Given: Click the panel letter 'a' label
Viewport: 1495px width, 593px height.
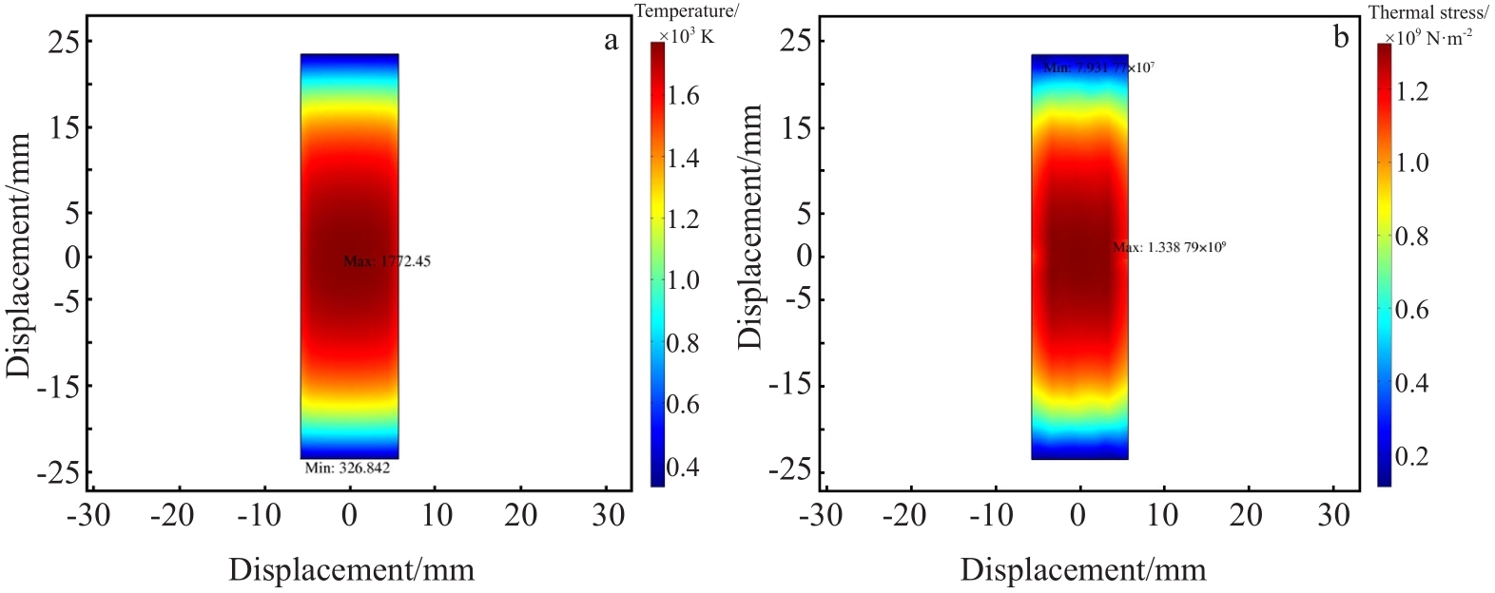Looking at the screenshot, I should pos(611,40).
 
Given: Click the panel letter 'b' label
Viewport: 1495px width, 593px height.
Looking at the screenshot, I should pos(1341,38).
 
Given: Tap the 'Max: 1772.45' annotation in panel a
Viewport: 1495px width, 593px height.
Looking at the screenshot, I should pos(387,261).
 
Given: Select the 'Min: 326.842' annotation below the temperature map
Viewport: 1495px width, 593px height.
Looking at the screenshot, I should pos(347,468).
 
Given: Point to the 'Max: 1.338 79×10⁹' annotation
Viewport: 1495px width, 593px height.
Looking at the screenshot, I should pos(1169,248).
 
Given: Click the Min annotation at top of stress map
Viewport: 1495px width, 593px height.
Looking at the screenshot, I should pos(1098,67).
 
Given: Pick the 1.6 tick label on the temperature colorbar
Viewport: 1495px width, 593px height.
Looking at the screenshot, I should pos(684,96).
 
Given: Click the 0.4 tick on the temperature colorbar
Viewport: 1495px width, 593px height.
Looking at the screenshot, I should pos(684,467).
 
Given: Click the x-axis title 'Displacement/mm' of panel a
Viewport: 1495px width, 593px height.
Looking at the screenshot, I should pos(351,569).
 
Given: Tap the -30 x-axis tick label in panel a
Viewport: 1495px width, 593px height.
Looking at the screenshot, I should pos(88,515).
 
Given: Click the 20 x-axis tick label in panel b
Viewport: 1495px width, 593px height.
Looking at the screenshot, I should pos(1246,515).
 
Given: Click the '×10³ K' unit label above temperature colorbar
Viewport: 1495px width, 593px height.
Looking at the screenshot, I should pos(686,35).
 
